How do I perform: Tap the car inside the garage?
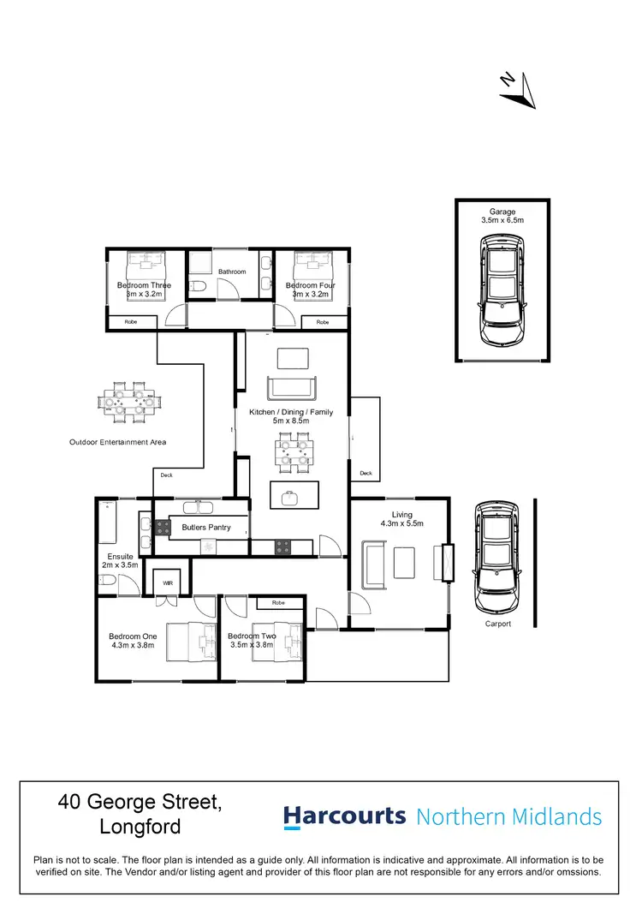[502, 291]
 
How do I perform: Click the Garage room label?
[502, 212]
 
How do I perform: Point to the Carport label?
[497, 624]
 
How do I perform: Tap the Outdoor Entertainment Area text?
[117, 442]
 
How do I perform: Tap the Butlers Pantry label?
[206, 528]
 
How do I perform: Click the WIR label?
[169, 584]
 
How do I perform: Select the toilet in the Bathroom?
[197, 286]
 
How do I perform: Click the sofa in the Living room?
[374, 565]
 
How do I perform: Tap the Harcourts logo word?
[344, 815]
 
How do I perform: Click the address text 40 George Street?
[140, 803]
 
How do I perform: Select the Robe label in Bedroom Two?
[278, 603]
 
